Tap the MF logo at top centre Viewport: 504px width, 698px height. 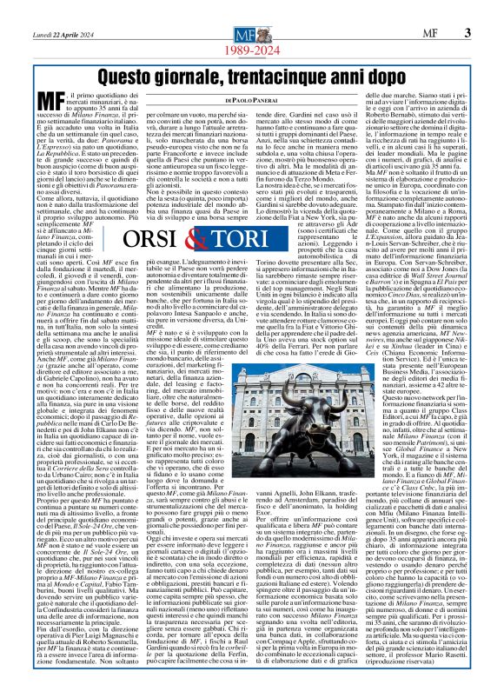coord(252,33)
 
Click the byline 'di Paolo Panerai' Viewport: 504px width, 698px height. coord(252,105)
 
